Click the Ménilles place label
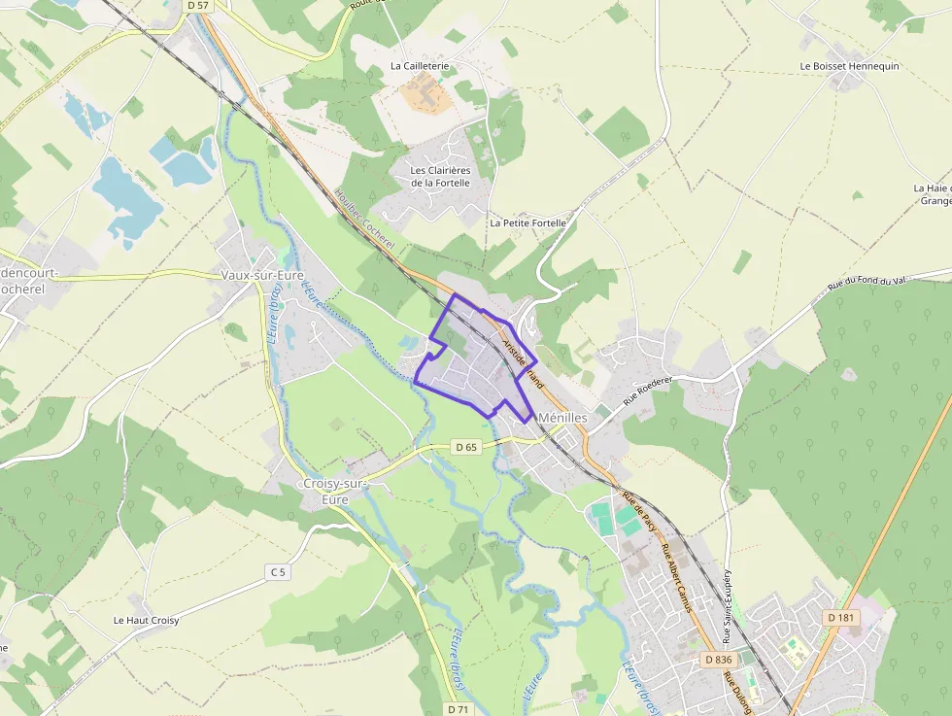tap(561, 417)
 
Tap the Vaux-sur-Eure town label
tap(258, 275)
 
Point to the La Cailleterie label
tap(420, 66)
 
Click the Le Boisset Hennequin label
tap(849, 66)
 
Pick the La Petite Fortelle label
tap(527, 222)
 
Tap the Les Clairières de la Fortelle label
tap(440, 176)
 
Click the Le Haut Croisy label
tap(146, 620)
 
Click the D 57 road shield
tap(197, 5)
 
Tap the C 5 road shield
tap(278, 572)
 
